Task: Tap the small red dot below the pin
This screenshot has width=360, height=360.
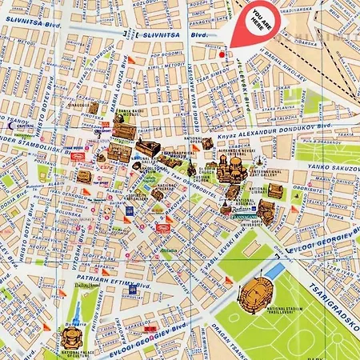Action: coord(222,54)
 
